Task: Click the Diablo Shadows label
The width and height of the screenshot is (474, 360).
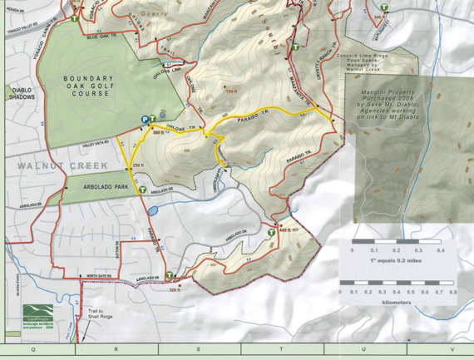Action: (x=21, y=92)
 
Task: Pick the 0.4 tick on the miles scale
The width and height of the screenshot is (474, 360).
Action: (x=440, y=249)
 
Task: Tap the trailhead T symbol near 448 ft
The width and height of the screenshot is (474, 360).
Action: (x=272, y=234)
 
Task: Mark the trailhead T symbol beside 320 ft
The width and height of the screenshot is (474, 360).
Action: (x=170, y=275)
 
